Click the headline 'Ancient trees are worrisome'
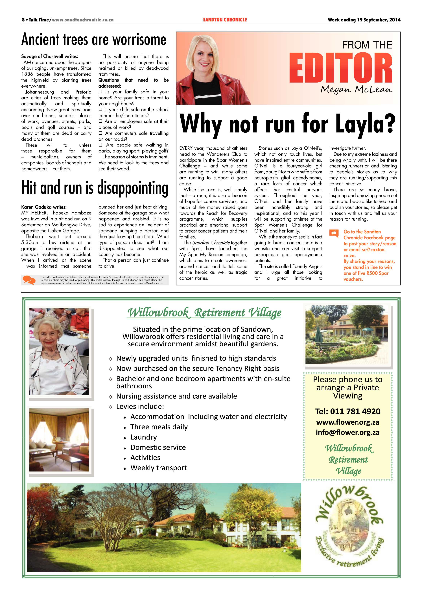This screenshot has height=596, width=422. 94,40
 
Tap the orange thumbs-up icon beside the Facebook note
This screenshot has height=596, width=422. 334,233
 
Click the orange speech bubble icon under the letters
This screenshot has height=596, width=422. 29,280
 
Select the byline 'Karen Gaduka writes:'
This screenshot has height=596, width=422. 44,207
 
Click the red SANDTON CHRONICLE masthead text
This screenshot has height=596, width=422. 225,20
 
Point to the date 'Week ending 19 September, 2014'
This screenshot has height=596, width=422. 364,20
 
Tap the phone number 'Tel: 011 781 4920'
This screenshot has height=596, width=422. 347,411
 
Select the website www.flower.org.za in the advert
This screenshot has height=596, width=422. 347,422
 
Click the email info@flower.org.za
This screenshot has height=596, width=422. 347,433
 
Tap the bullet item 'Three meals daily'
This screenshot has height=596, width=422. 159,427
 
